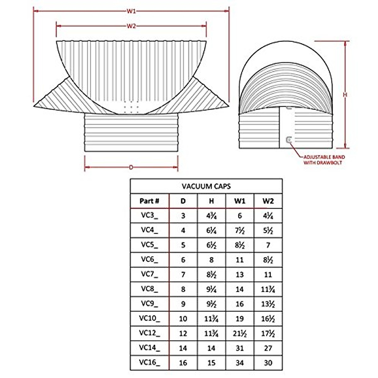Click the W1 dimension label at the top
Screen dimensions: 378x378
[131, 11]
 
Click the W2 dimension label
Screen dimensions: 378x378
[131, 26]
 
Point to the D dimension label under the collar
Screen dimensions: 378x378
[131, 167]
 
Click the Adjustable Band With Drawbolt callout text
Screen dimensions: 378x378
[324, 160]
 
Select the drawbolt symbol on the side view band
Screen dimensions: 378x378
[289, 140]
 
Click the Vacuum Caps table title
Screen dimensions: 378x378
[206, 186]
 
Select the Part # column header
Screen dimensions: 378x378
[149, 201]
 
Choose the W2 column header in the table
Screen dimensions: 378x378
[268, 201]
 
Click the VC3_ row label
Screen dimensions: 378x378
[149, 216]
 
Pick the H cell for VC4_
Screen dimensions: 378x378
[211, 231]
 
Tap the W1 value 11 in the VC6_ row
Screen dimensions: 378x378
[240, 260]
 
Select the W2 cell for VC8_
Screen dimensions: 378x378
[268, 289]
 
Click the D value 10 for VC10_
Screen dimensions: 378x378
[183, 318]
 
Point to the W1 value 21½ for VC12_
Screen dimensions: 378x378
[240, 333]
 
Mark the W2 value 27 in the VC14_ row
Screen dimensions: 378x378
[268, 348]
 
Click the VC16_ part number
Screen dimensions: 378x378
[149, 363]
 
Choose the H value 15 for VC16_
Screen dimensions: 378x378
[211, 363]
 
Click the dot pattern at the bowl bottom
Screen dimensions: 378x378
[131, 107]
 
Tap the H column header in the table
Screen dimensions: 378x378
[211, 201]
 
